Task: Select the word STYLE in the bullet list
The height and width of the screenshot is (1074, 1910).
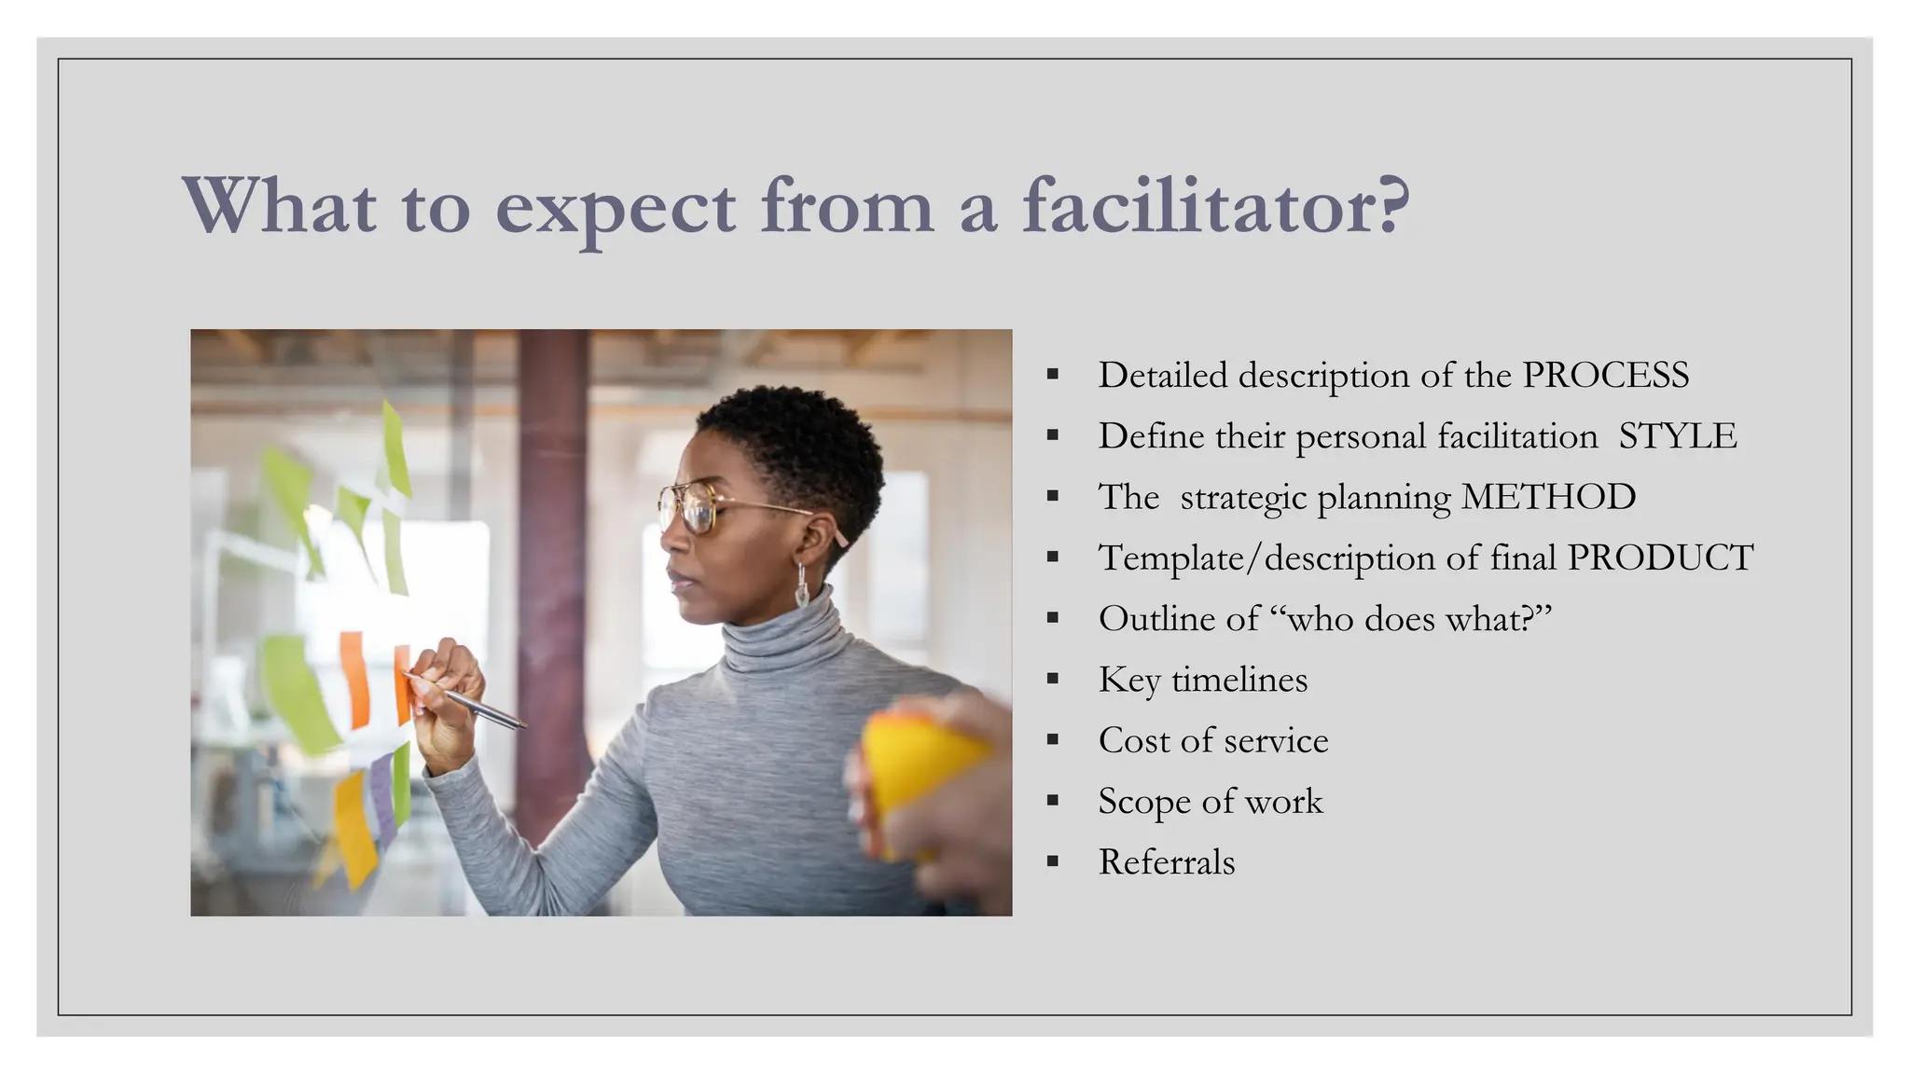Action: point(1677,436)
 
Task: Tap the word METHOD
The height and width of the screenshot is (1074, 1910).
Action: point(1548,497)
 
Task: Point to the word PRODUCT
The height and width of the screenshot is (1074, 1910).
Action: point(1660,558)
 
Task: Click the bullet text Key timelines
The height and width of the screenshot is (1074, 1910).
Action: point(1202,680)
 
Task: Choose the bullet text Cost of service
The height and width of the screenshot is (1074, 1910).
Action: point(1212,740)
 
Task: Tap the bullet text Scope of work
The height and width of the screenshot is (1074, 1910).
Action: point(1210,801)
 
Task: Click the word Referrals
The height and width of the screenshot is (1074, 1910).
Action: point(1166,862)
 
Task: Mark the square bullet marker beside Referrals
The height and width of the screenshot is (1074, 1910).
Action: point(1053,862)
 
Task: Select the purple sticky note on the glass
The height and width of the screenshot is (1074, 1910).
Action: point(382,797)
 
